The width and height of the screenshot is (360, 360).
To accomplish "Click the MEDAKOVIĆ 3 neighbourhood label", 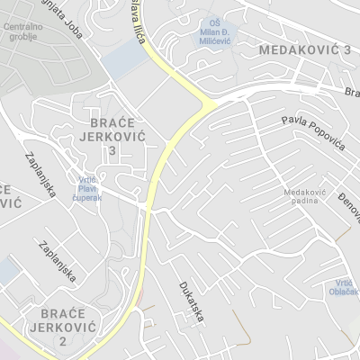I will [x=304, y=50].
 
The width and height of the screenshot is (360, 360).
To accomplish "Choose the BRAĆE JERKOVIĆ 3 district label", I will [x=112, y=135].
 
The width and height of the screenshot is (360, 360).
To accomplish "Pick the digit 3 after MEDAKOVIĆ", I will [x=346, y=50].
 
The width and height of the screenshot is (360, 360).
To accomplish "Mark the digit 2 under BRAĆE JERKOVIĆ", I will [x=61, y=342].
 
